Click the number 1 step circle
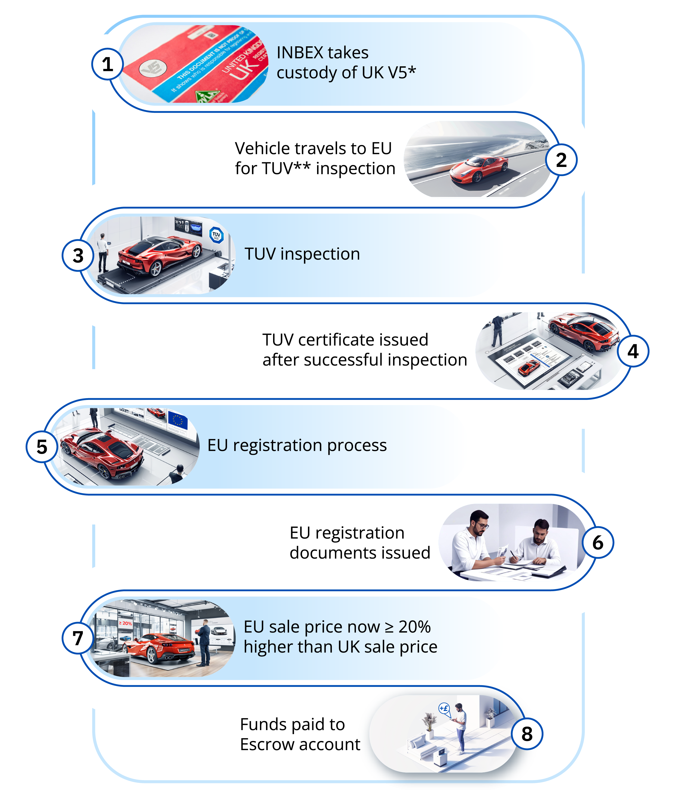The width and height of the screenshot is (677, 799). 107,64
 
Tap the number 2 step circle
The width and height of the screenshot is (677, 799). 561,160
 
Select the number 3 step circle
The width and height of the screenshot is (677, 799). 78,256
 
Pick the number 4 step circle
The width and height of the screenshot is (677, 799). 633,351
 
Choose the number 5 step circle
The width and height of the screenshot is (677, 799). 42,447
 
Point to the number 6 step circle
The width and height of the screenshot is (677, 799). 598,542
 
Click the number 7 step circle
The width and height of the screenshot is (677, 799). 78,638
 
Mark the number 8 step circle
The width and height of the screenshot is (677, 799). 527,734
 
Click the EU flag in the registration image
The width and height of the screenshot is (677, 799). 178,421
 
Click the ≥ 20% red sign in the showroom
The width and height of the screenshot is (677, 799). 125,623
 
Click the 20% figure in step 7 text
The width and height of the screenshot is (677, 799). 414,627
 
